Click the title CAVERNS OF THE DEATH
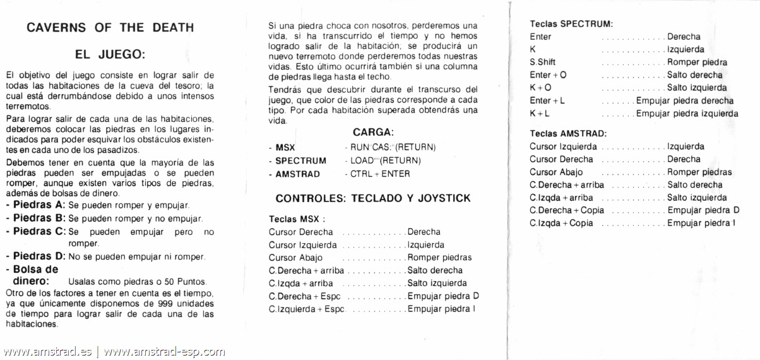coord(110,28)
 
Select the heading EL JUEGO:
coord(110,55)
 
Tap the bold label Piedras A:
coord(35,206)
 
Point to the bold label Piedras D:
coord(35,256)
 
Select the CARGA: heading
coord(373,133)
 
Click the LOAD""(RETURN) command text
coord(385,160)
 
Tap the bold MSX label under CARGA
coord(285,147)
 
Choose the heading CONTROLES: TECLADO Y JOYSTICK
coord(373,198)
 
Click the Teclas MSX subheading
coord(297,219)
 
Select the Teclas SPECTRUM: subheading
coord(571,24)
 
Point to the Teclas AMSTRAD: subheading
coord(568,133)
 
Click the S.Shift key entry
coord(543,62)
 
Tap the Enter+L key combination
coord(547,100)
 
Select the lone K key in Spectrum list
coord(533,49)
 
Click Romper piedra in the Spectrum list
coord(697,62)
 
